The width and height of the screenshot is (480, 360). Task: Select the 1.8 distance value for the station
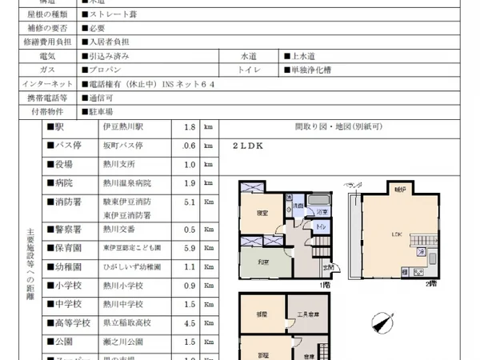pyautogui.click(x=190, y=127)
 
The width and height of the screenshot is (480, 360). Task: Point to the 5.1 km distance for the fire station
pyautogui.click(x=190, y=203)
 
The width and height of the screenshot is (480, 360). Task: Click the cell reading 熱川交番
pyautogui.click(x=120, y=229)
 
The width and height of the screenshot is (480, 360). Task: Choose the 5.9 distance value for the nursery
pyautogui.click(x=190, y=248)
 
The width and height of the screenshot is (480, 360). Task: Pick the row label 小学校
pyautogui.click(x=68, y=286)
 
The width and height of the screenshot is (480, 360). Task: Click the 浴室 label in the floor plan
pyautogui.click(x=319, y=212)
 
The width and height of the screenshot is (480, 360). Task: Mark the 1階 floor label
pyautogui.click(x=324, y=284)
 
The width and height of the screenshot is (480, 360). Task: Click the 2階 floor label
pyautogui.click(x=432, y=284)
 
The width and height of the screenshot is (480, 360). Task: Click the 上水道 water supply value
pyautogui.click(x=300, y=56)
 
